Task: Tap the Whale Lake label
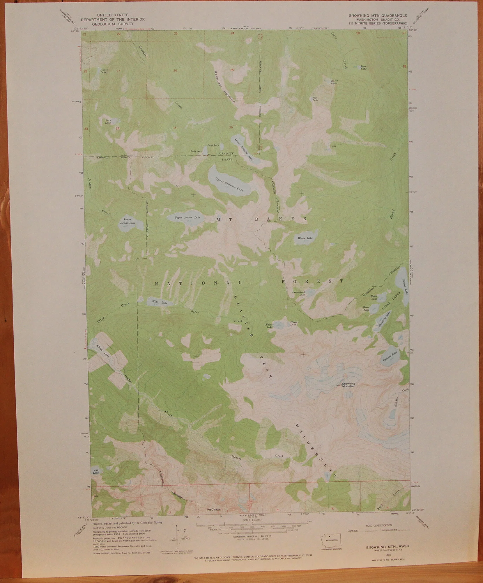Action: (305, 238)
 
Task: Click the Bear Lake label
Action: (363, 68)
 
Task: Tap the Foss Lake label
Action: (108, 122)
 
